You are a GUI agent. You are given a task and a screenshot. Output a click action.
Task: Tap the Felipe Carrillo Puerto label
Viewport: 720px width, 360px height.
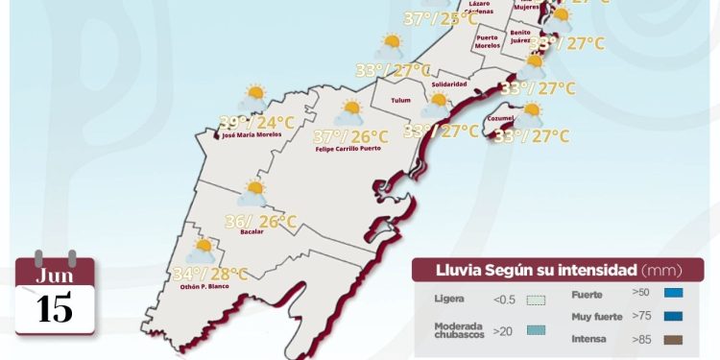tap(352, 150)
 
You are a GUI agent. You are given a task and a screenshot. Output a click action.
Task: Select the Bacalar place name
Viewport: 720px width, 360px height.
tap(252, 232)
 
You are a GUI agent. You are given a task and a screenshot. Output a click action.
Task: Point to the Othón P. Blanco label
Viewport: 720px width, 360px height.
tap(202, 286)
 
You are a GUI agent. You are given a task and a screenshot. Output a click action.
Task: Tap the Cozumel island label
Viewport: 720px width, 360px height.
tap(500, 118)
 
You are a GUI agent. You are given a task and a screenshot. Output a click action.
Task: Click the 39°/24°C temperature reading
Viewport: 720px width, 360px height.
tap(256, 122)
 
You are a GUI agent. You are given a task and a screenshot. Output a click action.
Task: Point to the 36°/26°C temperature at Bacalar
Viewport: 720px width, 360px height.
tap(260, 222)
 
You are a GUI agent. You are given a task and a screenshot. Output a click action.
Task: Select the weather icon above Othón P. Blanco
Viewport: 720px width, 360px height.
tap(202, 251)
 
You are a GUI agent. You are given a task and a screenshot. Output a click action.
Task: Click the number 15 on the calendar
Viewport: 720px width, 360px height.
tap(56, 309)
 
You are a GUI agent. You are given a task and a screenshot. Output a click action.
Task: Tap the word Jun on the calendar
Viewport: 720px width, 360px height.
tap(55, 276)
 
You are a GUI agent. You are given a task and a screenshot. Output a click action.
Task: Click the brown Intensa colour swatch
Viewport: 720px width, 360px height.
tap(672, 339)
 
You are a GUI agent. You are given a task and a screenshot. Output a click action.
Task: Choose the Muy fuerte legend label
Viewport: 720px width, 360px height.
tap(595, 316)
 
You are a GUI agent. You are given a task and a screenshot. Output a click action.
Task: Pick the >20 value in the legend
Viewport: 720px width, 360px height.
tap(502, 331)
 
